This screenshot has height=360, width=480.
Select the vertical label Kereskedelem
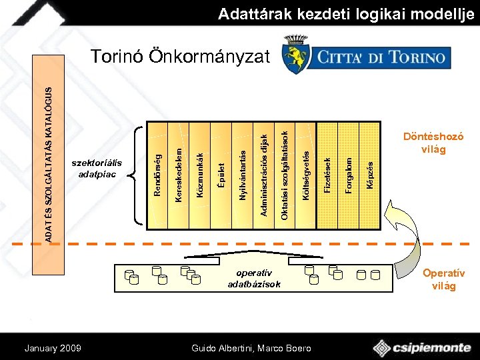point(178,167)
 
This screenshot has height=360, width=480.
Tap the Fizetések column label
point(327,175)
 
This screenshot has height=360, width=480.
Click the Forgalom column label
point(348,175)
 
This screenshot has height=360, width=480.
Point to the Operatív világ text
point(443,279)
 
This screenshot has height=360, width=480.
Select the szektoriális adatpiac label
point(97,169)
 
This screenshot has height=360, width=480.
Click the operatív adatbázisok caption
point(254,279)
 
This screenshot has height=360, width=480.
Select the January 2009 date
point(53,348)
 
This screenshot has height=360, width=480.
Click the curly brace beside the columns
point(138,175)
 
